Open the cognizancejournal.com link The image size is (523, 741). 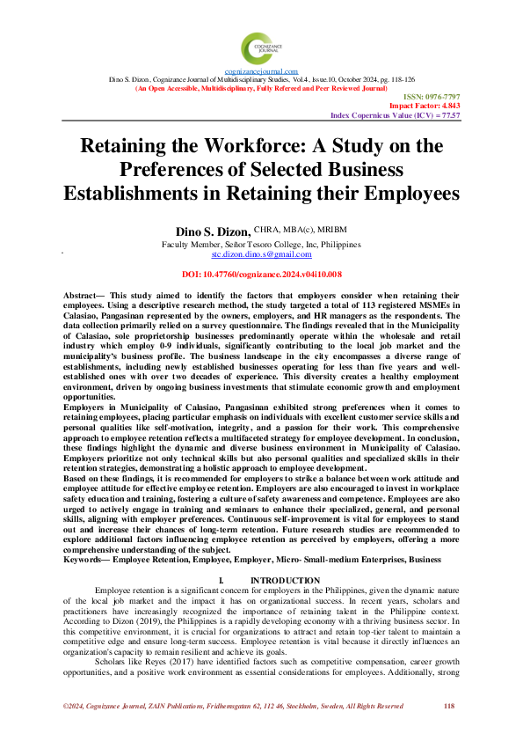coord(261,71)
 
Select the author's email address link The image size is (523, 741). coord(261,253)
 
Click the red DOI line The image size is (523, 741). coord(261,275)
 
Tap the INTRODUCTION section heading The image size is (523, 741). coord(285,581)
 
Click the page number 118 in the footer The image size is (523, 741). coord(449,706)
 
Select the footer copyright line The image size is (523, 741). coord(233,706)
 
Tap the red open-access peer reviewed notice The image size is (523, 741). coord(261,88)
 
